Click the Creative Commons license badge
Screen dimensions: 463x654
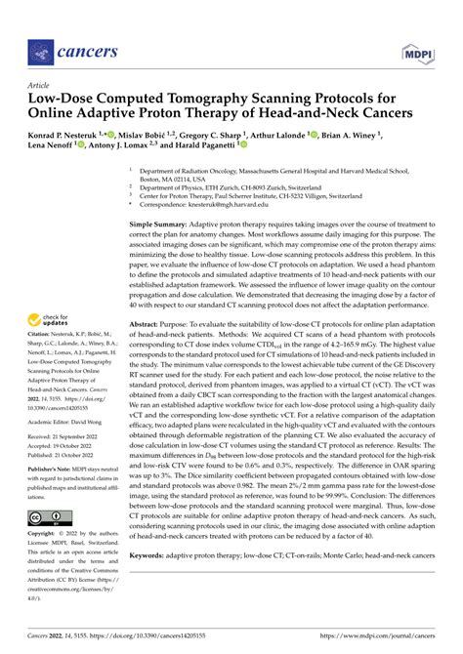48,517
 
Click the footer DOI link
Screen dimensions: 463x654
152,635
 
